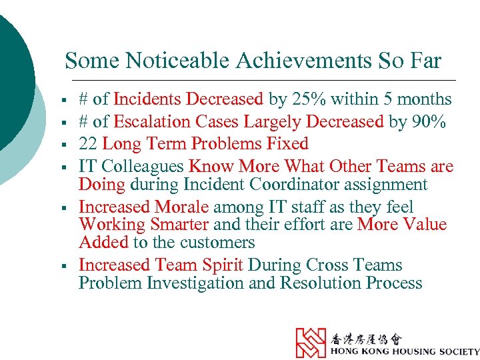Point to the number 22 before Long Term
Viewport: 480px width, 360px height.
click(88, 143)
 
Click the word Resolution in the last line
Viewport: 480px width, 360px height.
click(321, 283)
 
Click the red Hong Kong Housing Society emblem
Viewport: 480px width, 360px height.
click(311, 343)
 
